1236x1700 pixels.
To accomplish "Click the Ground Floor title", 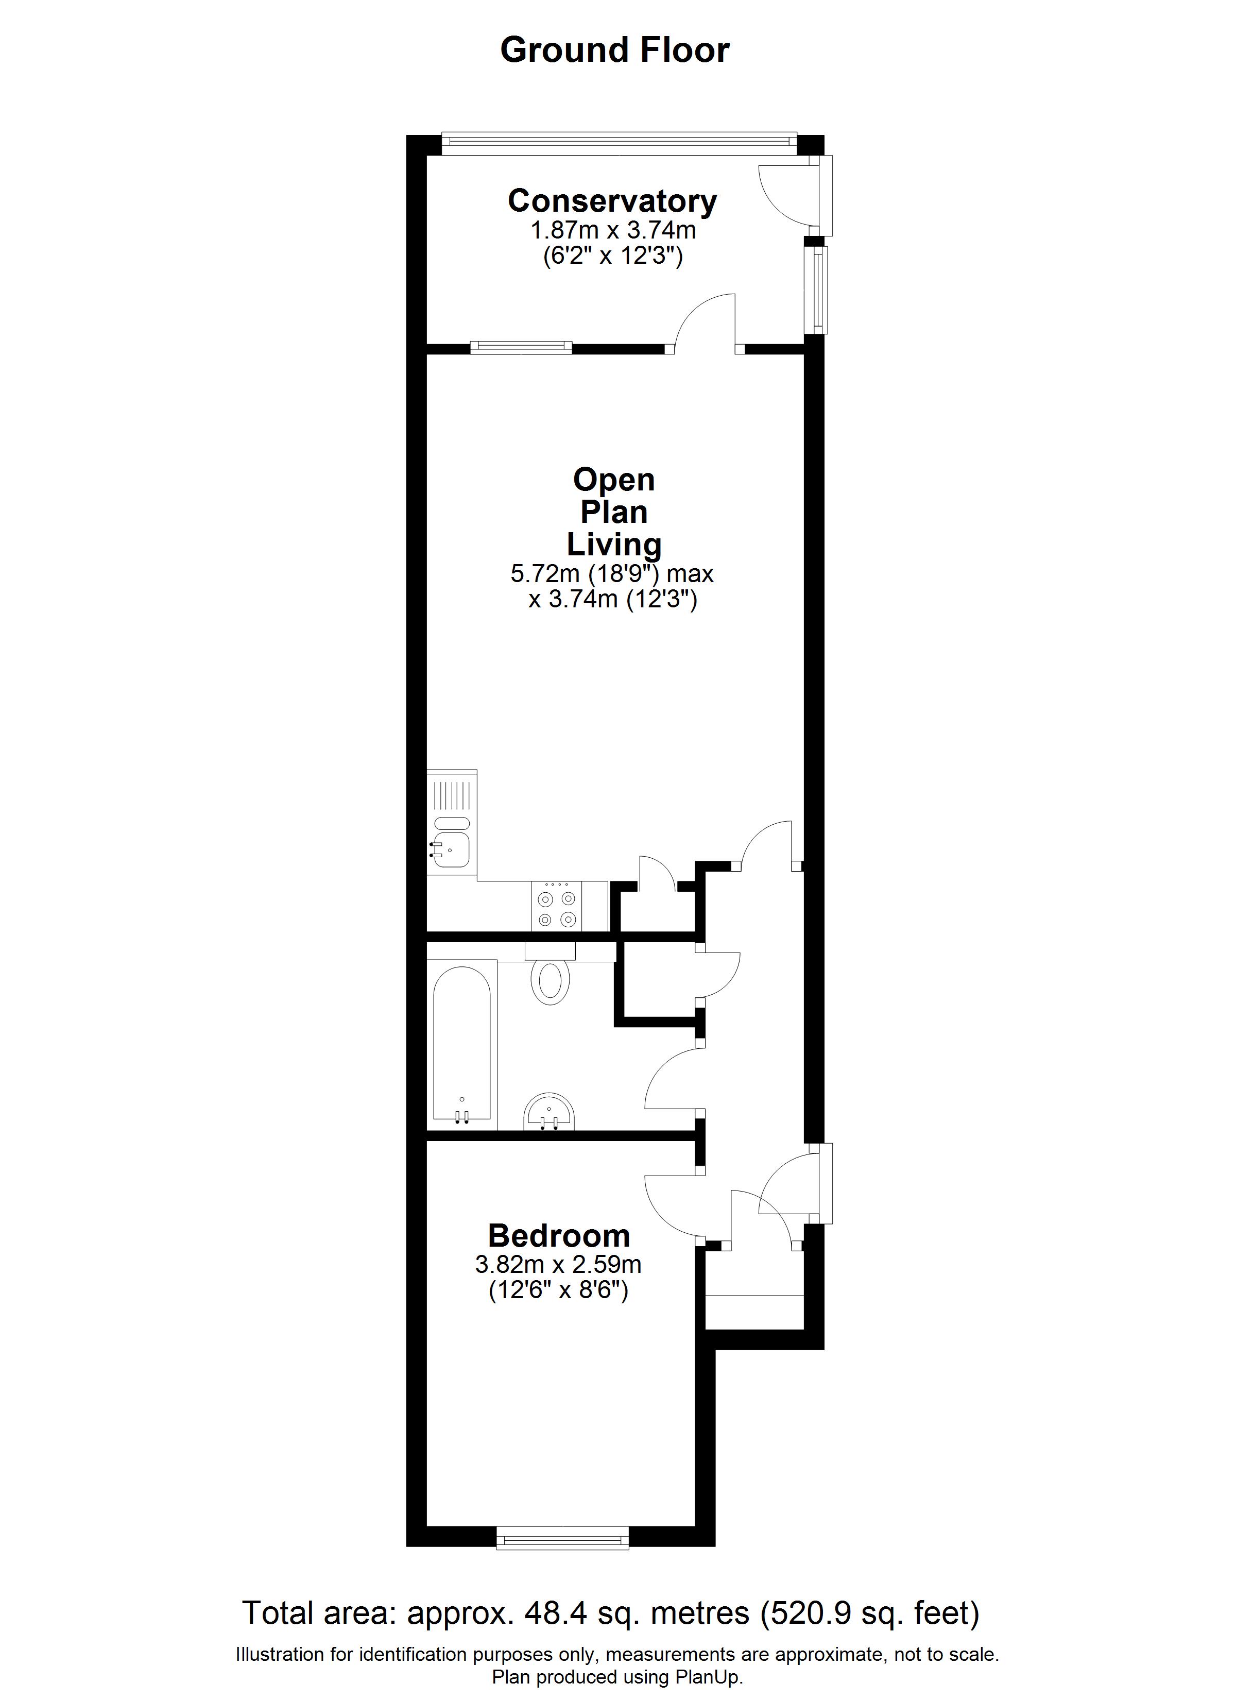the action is [x=614, y=50].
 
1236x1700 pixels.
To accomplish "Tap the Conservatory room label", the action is [x=612, y=201].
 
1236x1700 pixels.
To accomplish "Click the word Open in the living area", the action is [x=614, y=480].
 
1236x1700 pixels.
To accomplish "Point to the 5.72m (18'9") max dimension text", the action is [x=612, y=574].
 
